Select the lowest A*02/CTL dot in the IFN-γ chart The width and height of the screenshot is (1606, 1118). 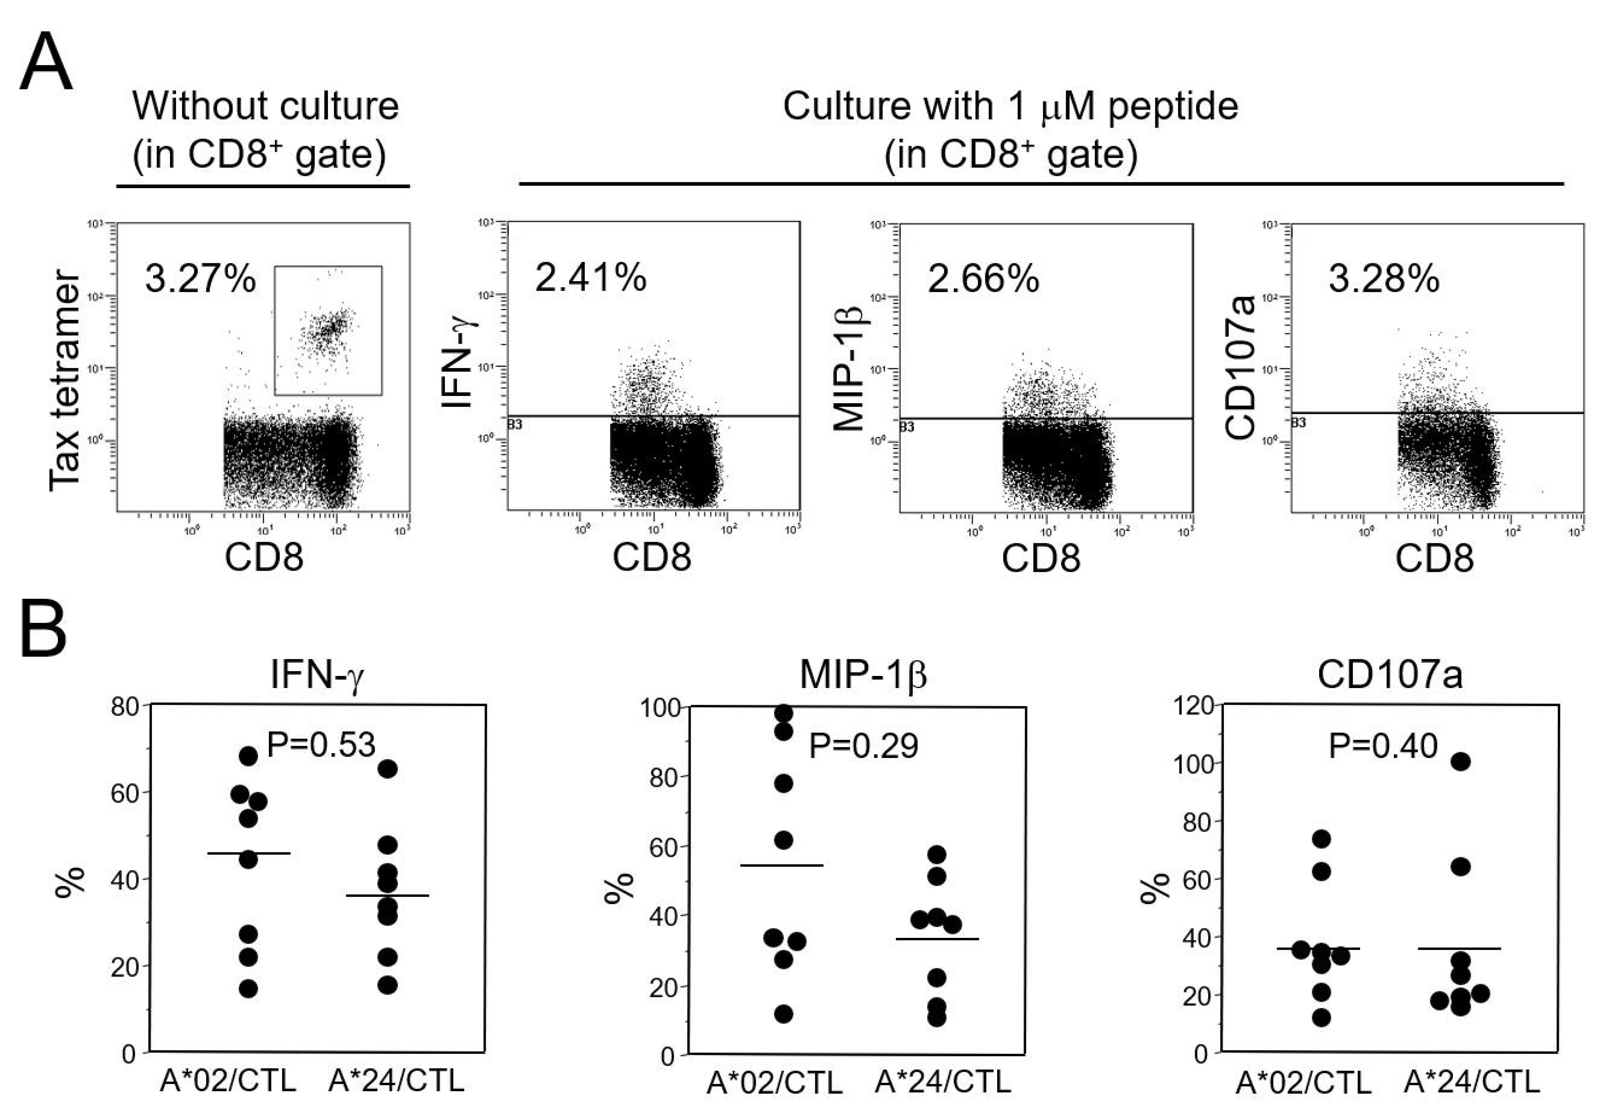(x=248, y=989)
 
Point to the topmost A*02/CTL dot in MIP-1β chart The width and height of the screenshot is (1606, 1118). (x=784, y=713)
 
